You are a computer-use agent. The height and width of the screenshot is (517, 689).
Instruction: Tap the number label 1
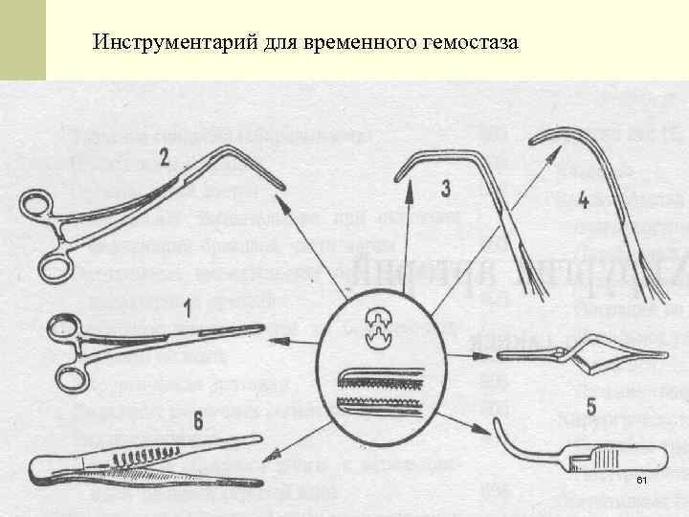tap(189, 307)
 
